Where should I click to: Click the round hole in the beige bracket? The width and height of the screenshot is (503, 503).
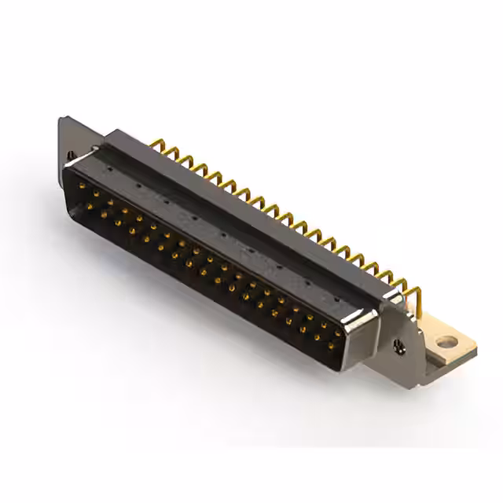pos(446,342)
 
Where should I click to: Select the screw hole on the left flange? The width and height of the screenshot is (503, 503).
pos(70,156)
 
